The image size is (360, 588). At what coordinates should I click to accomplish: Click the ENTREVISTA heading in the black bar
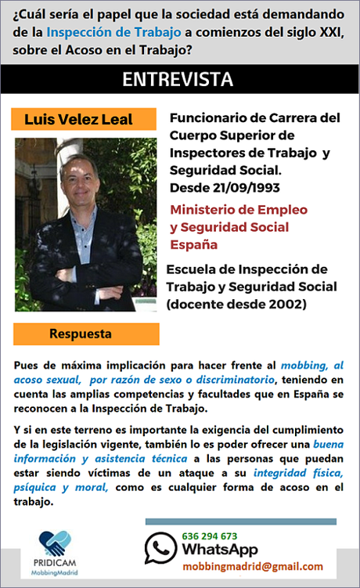tap(178, 80)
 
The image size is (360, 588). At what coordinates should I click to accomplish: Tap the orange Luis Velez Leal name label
tap(79, 120)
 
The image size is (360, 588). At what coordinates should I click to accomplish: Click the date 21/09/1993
tap(247, 188)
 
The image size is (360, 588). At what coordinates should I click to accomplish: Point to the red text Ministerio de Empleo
tap(239, 210)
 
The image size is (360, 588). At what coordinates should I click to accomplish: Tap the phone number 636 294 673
tap(209, 536)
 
